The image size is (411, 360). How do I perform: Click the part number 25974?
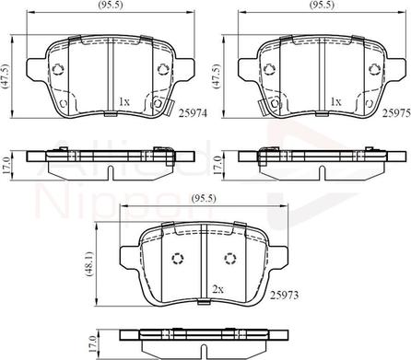(x=194, y=113)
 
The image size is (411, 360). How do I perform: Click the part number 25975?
(x=396, y=113)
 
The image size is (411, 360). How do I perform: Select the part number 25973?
(x=284, y=296)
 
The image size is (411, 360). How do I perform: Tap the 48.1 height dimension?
(x=89, y=265)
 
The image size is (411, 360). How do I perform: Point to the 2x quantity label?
(x=217, y=289)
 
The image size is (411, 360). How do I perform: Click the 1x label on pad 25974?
(x=124, y=101)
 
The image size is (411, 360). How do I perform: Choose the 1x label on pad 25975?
(x=335, y=101)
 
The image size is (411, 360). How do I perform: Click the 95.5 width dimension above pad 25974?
(x=111, y=5)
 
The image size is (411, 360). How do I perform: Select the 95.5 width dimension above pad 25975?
(x=323, y=5)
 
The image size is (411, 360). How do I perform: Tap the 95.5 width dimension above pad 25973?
(x=204, y=198)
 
